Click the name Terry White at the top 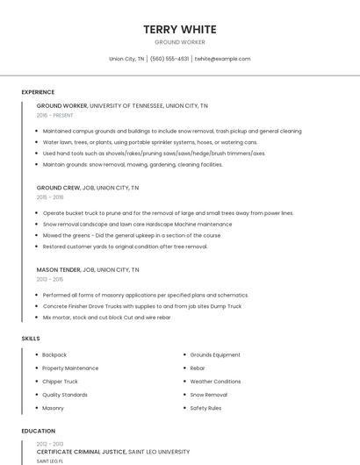click(180, 29)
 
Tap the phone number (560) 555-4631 click(169, 59)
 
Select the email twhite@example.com click(222, 59)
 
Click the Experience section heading click(38, 92)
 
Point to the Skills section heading click(31, 338)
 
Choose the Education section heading click(39, 431)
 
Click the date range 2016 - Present click(55, 115)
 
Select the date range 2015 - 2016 click(50, 197)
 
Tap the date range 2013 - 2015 click(50, 279)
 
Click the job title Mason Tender click(57, 269)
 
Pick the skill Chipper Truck click(60, 382)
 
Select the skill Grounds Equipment click(215, 354)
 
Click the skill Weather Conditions click(215, 382)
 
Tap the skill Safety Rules click(205, 408)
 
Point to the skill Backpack click(54, 354)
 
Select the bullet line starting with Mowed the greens click(132, 235)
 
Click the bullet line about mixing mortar click(106, 317)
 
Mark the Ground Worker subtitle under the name click(180, 42)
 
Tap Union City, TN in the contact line click(126, 59)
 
